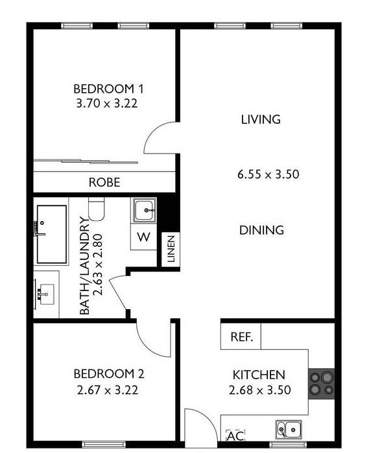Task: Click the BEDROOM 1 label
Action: click(x=108, y=89)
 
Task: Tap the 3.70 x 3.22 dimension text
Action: click(x=107, y=103)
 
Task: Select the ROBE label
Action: click(x=104, y=182)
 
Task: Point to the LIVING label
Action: click(x=261, y=119)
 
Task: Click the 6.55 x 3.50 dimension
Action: click(x=268, y=174)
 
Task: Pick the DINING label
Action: click(x=261, y=230)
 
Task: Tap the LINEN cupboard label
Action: click(x=171, y=249)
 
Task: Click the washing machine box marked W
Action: click(x=144, y=237)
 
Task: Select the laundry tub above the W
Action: click(x=144, y=210)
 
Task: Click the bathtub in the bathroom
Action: click(x=51, y=235)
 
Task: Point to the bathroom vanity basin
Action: click(x=47, y=294)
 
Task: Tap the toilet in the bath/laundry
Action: click(x=96, y=209)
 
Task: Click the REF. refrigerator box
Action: click(x=241, y=336)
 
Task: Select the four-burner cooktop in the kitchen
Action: click(x=322, y=384)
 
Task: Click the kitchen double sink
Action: click(x=289, y=430)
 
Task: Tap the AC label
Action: click(x=235, y=436)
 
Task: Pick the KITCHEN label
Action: click(x=259, y=375)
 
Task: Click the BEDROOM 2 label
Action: click(x=109, y=374)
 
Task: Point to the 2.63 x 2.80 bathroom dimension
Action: click(x=98, y=264)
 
